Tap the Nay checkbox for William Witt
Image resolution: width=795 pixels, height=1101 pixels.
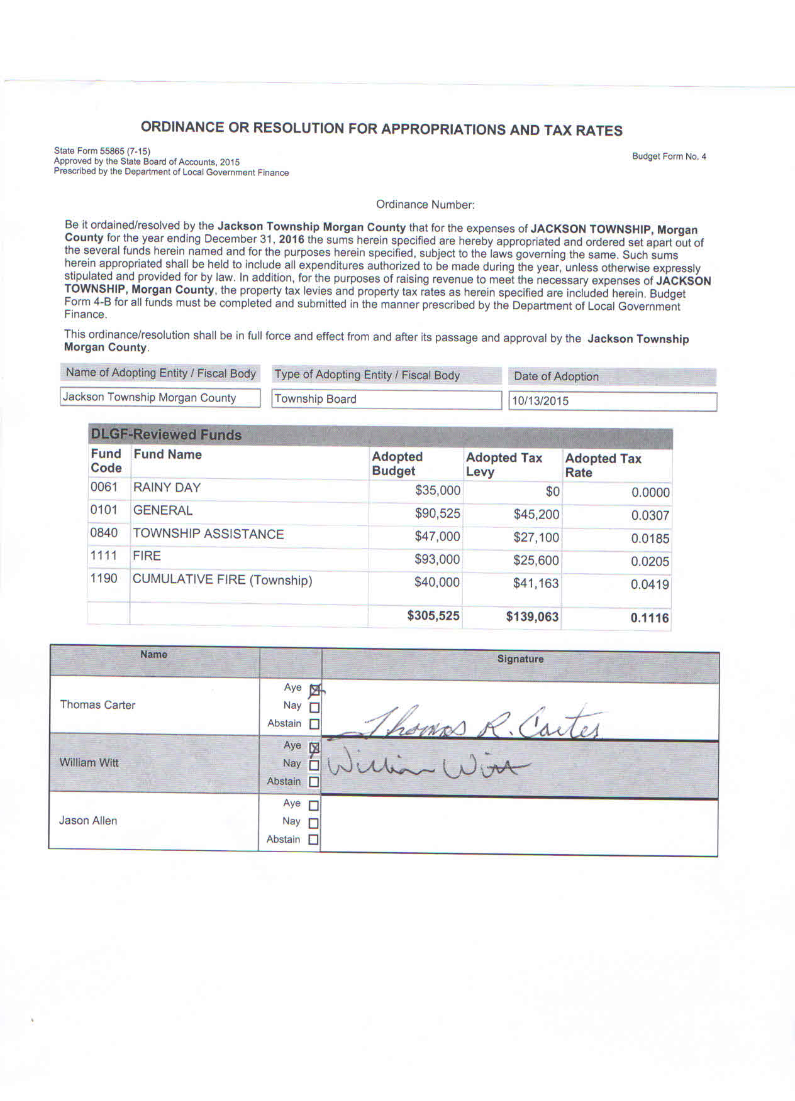(x=314, y=765)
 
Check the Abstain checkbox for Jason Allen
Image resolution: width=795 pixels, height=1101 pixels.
(x=313, y=840)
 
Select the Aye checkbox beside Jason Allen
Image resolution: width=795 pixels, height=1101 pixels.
(x=313, y=805)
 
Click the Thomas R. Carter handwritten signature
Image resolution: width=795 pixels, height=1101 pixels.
(x=465, y=724)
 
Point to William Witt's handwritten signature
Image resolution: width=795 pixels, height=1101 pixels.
(x=428, y=767)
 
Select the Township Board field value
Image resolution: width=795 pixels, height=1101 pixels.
(x=316, y=399)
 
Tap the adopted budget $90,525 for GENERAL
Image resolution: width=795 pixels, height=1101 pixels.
(x=437, y=513)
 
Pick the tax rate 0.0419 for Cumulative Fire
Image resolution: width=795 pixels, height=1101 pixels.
(x=650, y=584)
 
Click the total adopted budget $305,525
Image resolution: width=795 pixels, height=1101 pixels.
(x=433, y=616)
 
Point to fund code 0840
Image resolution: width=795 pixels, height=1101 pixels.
(x=104, y=533)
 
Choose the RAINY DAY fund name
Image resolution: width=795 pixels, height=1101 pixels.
(x=167, y=488)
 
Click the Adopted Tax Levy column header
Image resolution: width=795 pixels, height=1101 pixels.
(x=504, y=464)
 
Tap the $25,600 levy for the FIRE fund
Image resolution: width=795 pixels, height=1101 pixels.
(x=536, y=561)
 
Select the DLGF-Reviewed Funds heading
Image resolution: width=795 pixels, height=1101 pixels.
(x=166, y=434)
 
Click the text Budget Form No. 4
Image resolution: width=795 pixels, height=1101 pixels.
(x=669, y=156)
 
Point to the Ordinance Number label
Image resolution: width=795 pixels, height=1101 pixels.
(x=425, y=204)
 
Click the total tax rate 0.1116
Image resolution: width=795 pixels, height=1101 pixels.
(x=650, y=618)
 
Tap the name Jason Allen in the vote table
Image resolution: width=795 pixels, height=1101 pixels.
(x=88, y=821)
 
